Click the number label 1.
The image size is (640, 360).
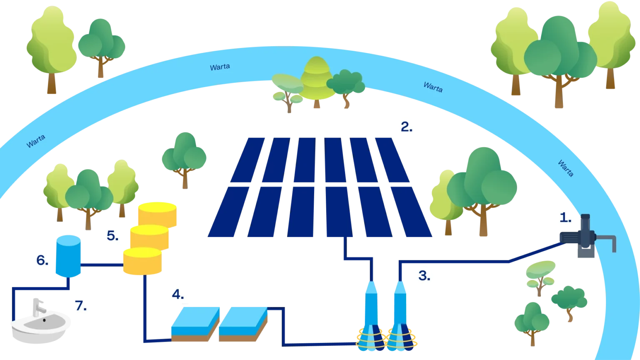point(565,217)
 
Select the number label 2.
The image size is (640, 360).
point(406,127)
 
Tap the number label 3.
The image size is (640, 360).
point(424,275)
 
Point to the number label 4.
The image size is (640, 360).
point(178,295)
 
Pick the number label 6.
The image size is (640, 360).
point(42,260)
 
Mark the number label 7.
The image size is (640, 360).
point(81,305)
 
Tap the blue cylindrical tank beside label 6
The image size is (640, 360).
point(68,255)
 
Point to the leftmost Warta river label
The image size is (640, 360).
point(36,141)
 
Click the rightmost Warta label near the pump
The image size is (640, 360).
point(565,168)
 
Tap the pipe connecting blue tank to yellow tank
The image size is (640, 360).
point(101,264)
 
